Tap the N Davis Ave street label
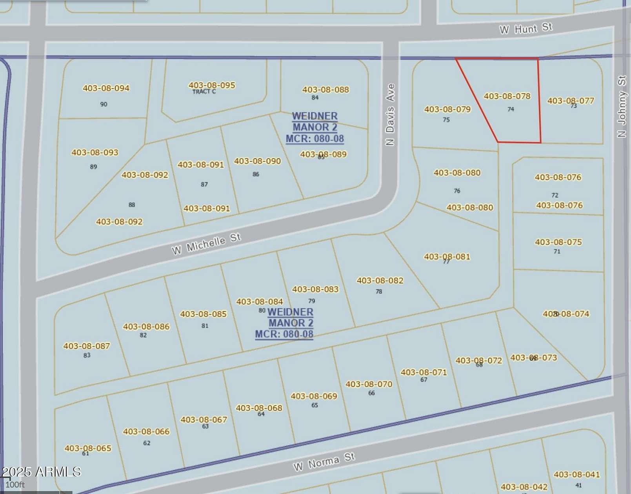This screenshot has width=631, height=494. point(390,114)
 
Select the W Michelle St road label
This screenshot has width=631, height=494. point(206,243)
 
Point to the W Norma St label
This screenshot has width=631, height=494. point(324,461)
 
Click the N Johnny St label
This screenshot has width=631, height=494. point(622,106)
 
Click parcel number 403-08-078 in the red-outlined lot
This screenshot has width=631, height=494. point(507,96)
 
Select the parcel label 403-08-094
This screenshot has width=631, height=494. point(106,88)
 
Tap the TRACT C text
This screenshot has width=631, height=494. point(204,92)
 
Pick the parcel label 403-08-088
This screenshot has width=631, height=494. point(326,90)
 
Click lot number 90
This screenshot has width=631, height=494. point(104,104)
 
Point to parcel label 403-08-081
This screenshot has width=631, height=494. point(447,257)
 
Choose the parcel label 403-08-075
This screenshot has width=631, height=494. point(558,242)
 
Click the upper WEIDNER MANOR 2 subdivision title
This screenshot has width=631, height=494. point(315,122)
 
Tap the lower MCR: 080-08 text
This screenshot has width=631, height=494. point(284,334)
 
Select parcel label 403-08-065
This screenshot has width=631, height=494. point(88,448)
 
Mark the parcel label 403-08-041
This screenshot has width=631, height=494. point(576,475)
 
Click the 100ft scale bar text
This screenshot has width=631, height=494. point(15,485)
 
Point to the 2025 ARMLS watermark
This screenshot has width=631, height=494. point(41,472)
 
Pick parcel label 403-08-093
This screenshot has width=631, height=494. point(95,153)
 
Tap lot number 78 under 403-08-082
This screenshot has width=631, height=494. point(379,292)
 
